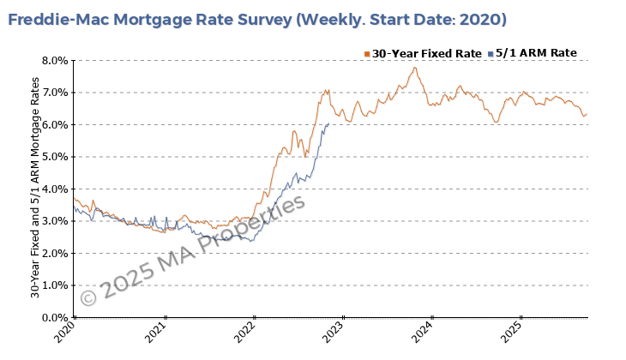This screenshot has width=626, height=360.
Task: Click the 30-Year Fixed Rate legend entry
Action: (x=423, y=53)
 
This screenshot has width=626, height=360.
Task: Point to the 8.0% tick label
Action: (x=55, y=61)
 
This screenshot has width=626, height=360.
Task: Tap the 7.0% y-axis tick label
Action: (x=55, y=93)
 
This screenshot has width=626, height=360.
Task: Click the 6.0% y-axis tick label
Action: (x=55, y=125)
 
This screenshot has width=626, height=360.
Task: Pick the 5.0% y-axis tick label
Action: (x=55, y=157)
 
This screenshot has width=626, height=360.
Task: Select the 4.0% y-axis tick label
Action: (x=55, y=189)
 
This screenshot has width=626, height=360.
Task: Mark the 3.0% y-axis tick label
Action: (x=55, y=221)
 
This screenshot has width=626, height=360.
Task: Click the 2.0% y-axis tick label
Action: (x=55, y=254)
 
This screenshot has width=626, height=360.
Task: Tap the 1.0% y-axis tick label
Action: (x=55, y=285)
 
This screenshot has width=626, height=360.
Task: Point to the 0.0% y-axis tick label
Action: (x=55, y=318)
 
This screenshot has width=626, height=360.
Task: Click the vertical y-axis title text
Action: (x=35, y=189)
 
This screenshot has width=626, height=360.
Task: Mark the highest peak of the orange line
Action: (x=414, y=68)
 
